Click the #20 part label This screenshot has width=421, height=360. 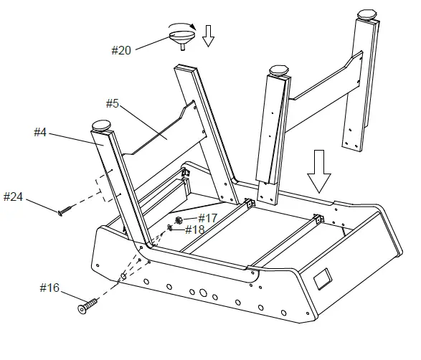tap(121, 50)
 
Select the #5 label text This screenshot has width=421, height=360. tap(113, 103)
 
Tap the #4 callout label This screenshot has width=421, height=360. tap(41, 132)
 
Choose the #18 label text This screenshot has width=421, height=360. tap(195, 229)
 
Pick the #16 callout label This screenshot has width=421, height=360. tap(49, 288)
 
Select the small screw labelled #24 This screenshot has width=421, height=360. tap(65, 211)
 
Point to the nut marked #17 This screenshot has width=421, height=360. tap(179, 219)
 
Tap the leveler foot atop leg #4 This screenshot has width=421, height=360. tap(103, 126)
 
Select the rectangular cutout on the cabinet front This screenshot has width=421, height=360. tap(323, 275)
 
